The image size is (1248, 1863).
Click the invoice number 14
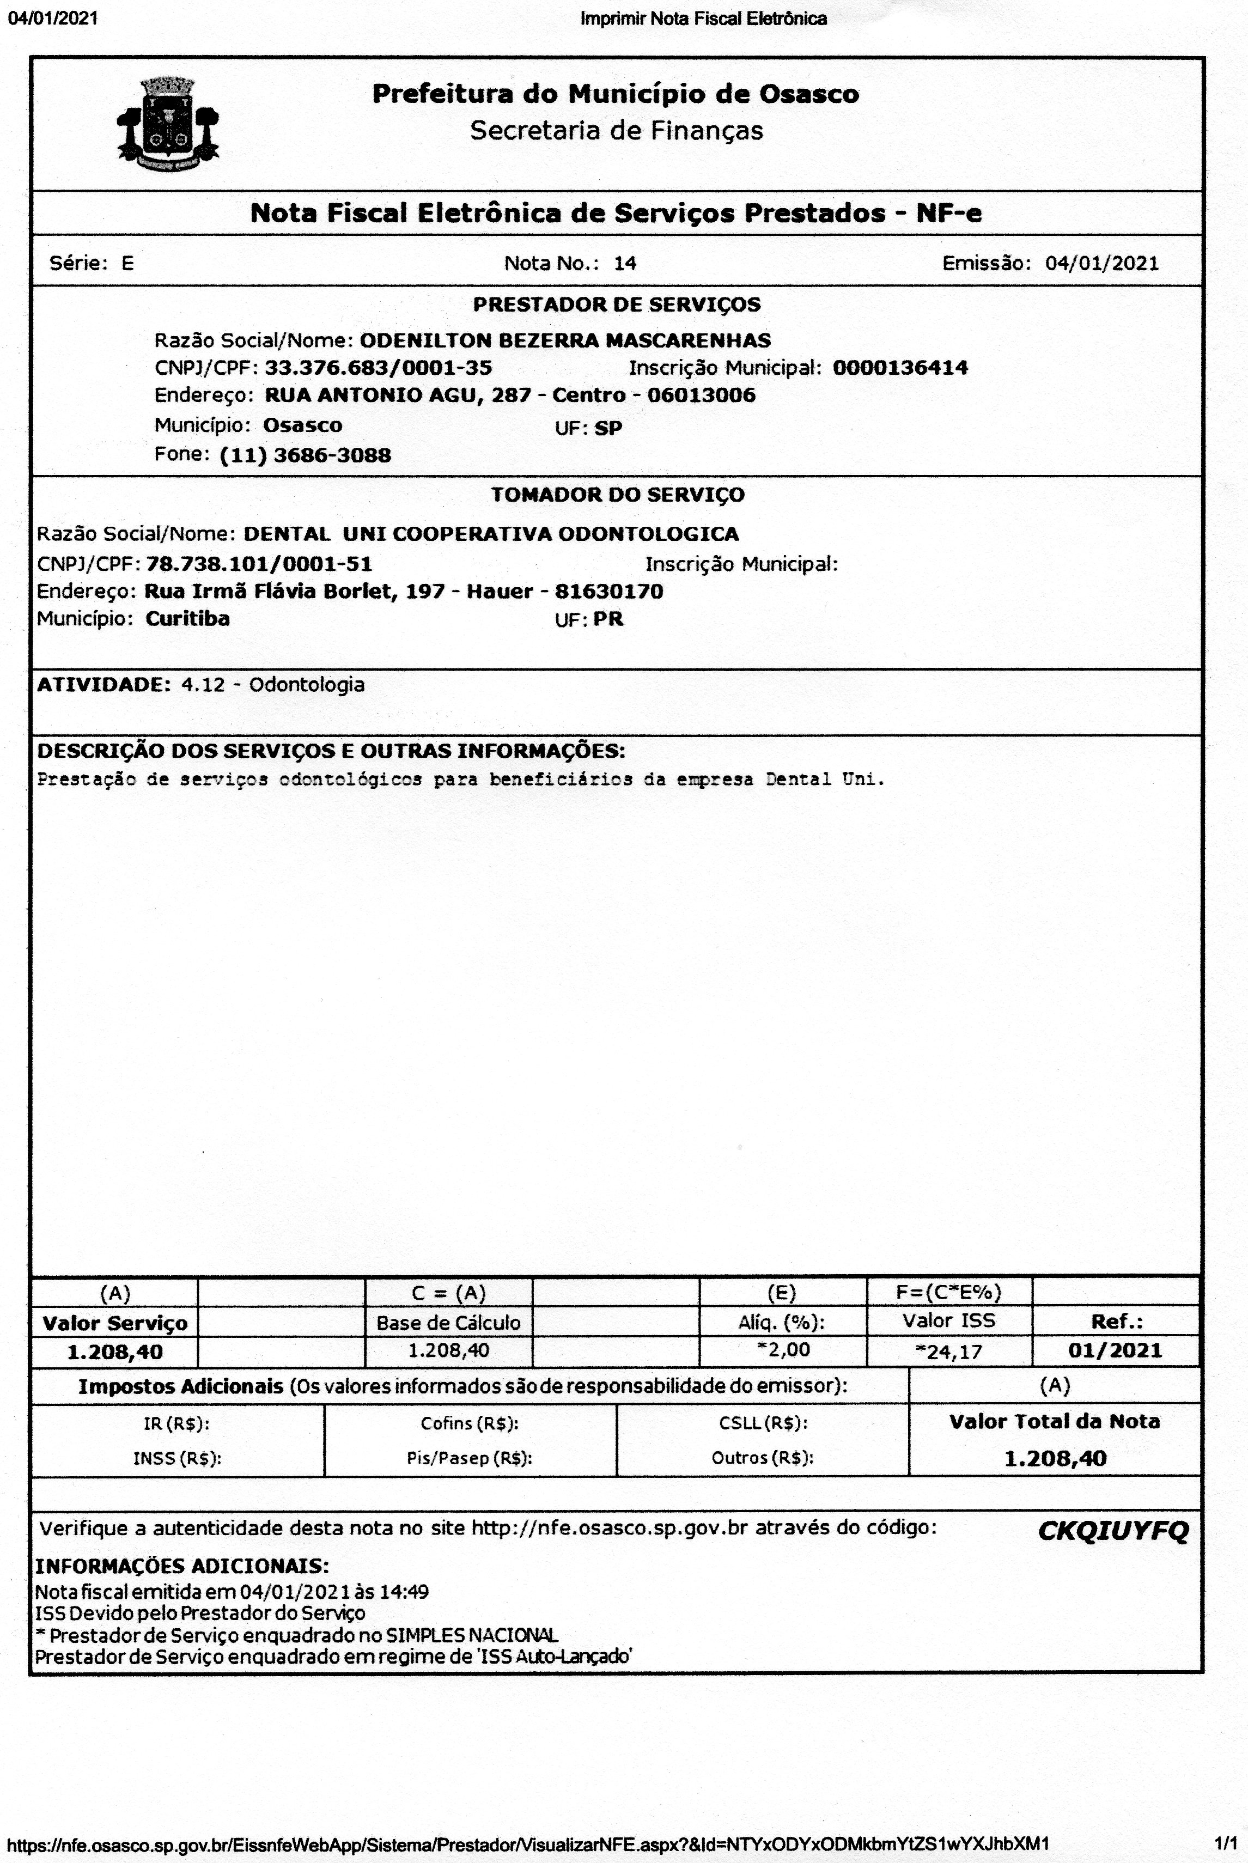click(x=625, y=264)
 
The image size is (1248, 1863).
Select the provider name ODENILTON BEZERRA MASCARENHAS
click(x=565, y=340)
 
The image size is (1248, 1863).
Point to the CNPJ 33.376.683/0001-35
click(x=378, y=368)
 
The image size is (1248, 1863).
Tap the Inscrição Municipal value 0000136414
click(x=900, y=368)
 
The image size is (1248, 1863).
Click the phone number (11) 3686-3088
click(x=306, y=455)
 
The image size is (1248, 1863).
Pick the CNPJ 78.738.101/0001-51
click(x=259, y=564)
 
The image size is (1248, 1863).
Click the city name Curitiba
click(x=188, y=618)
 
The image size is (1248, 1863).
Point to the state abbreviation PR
click(x=609, y=619)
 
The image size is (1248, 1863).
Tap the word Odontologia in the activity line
click(x=307, y=684)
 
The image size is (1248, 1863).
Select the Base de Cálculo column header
click(x=448, y=1323)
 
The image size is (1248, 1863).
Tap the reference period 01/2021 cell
click(x=1116, y=1350)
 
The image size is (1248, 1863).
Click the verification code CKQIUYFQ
click(x=1113, y=1530)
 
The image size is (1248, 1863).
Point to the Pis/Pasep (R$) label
click(x=470, y=1458)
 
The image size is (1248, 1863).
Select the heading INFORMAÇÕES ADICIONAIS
click(x=182, y=1566)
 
